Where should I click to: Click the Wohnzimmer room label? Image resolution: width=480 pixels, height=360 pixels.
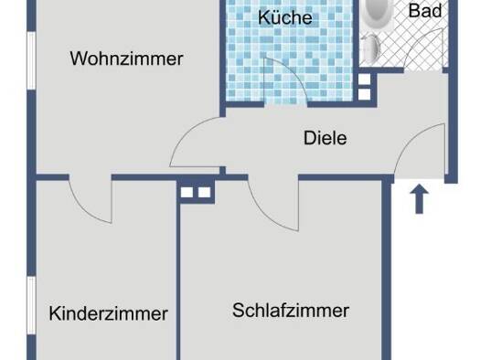[126, 58]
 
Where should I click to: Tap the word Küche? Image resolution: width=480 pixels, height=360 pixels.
[285, 17]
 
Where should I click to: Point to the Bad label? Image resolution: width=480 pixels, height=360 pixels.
[425, 11]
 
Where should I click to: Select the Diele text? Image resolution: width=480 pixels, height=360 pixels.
[325, 138]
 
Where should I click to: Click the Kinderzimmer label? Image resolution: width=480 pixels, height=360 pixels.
[109, 313]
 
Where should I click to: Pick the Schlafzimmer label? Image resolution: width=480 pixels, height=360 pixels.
[291, 311]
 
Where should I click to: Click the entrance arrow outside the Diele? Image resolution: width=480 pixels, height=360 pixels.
[419, 199]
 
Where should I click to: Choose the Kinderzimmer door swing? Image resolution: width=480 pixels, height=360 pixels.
[82, 208]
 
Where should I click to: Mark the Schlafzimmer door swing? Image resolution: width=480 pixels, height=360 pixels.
[265, 214]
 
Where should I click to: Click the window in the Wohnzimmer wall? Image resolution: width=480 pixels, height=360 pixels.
[31, 60]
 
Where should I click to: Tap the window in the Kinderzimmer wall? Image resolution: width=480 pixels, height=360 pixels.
[31, 305]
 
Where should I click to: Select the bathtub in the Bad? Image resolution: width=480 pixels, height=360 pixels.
[374, 13]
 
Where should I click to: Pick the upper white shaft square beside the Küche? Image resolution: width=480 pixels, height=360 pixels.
[364, 79]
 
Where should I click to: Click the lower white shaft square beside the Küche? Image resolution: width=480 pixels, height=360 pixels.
[364, 94]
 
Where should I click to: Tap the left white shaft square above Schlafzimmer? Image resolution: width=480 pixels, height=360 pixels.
[187, 193]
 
